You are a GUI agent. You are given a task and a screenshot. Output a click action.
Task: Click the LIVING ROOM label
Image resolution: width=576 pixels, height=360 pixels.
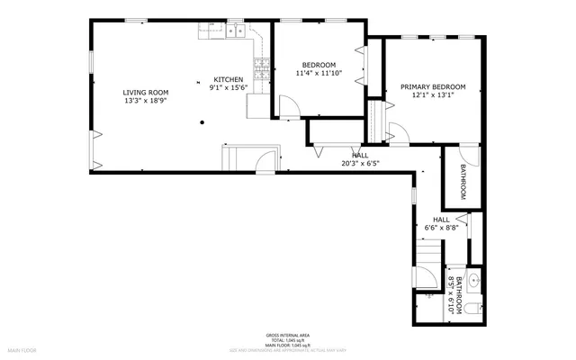[x=145, y=92]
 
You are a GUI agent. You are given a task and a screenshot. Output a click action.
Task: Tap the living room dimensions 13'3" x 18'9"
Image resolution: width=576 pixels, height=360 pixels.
[x=145, y=100]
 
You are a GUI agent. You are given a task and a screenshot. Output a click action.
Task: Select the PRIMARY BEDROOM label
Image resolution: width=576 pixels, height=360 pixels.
[x=432, y=86]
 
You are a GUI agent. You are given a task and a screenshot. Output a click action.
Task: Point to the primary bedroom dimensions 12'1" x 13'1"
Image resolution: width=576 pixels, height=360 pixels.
[x=432, y=94]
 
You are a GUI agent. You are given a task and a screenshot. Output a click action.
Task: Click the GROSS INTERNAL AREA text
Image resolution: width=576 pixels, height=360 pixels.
[x=288, y=332]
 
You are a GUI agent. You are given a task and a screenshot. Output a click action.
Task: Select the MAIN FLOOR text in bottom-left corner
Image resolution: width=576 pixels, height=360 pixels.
[x=22, y=349]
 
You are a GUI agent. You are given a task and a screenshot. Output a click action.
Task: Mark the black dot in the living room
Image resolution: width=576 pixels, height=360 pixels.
[x=203, y=121]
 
